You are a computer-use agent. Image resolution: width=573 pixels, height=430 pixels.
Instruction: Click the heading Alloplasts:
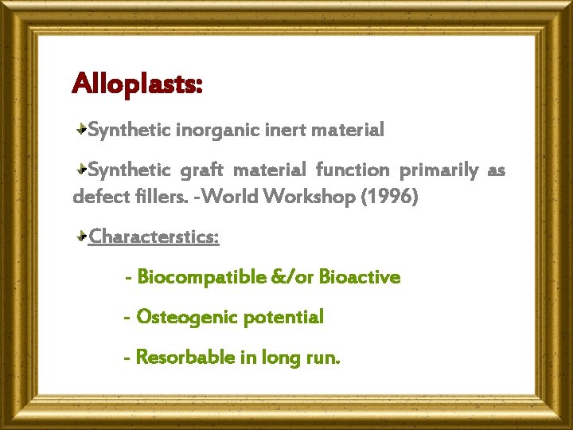[137, 83]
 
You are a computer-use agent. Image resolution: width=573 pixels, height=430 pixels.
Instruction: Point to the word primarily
[439, 170]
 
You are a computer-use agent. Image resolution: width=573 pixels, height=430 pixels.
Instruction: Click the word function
[353, 170]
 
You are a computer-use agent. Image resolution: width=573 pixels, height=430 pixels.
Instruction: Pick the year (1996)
[389, 197]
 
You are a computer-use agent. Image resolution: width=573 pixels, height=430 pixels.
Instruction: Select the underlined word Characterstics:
[154, 236]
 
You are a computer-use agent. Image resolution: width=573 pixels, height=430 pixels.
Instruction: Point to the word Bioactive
[360, 277]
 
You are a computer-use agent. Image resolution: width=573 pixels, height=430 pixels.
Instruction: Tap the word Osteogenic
[187, 317]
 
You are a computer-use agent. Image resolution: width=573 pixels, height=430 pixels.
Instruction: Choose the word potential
[283, 317]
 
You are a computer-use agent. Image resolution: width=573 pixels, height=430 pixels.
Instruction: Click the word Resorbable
[185, 358]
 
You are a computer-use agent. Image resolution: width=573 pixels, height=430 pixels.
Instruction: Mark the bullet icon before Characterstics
[82, 236]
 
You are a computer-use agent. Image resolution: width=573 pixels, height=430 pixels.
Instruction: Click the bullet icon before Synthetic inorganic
[82, 128]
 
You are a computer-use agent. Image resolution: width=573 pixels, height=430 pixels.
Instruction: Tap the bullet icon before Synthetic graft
[82, 170]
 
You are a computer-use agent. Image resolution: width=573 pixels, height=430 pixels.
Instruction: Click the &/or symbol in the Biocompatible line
[293, 277]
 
